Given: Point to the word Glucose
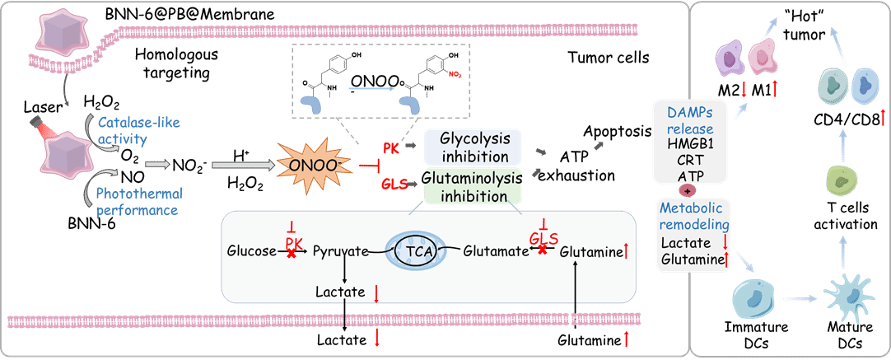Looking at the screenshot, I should [x=252, y=250].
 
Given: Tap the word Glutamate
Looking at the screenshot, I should [x=495, y=250].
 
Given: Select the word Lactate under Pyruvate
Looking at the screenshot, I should [x=341, y=292].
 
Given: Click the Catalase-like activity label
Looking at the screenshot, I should [x=123, y=131].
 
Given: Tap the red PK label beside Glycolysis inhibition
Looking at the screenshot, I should [x=391, y=147].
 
